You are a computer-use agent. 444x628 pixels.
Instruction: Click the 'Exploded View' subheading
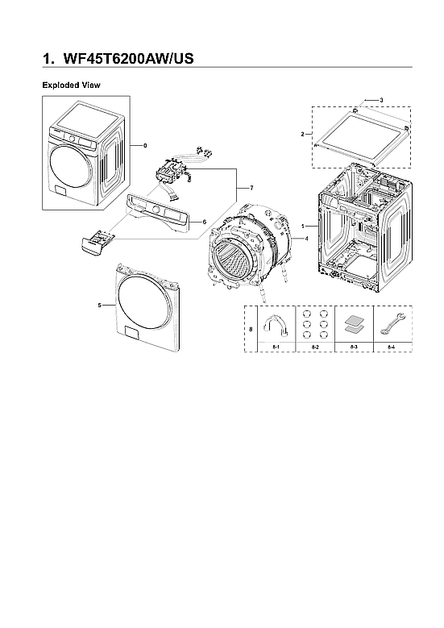pyautogui.click(x=71, y=85)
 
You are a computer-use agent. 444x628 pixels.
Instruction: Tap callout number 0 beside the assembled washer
pyautogui.click(x=145, y=146)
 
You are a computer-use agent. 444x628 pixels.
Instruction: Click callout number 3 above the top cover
pyautogui.click(x=380, y=99)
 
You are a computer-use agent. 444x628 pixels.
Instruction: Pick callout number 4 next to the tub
pyautogui.click(x=306, y=239)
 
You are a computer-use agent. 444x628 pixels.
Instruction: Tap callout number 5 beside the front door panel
pyautogui.click(x=99, y=306)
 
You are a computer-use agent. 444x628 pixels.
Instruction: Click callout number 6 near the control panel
pyautogui.click(x=204, y=222)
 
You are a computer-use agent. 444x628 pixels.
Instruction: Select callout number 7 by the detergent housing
pyautogui.click(x=251, y=188)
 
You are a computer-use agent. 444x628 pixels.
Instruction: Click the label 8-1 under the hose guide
pyautogui.click(x=276, y=346)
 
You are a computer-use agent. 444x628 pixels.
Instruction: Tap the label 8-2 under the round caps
pyautogui.click(x=316, y=346)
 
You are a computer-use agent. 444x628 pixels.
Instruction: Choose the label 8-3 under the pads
pyautogui.click(x=354, y=346)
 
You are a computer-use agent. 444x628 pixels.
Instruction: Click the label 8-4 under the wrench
pyautogui.click(x=392, y=346)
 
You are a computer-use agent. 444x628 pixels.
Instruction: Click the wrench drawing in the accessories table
pyautogui.click(x=392, y=323)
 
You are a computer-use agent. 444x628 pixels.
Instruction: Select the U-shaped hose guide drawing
pyautogui.click(x=276, y=324)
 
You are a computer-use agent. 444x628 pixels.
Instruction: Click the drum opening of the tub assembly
pyautogui.click(x=235, y=263)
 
